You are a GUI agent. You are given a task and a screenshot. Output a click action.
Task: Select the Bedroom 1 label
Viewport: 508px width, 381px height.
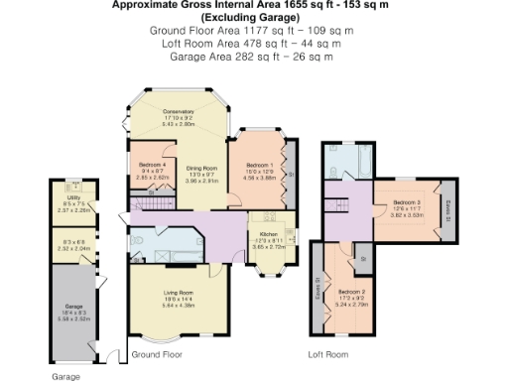pyautogui.click(x=257, y=166)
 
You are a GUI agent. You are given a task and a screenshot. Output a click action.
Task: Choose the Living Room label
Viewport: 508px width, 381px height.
pyautogui.click(x=179, y=293)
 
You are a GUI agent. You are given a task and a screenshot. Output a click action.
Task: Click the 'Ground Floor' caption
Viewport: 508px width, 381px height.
pyautogui.click(x=157, y=354)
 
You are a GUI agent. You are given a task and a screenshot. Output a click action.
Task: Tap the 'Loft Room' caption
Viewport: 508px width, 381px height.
pyautogui.click(x=327, y=354)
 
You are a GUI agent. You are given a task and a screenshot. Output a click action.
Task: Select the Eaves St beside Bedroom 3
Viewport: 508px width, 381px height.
pyautogui.click(x=448, y=207)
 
